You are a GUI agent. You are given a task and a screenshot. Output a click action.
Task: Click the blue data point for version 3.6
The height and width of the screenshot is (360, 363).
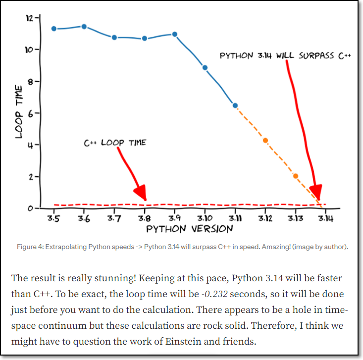point(84,26)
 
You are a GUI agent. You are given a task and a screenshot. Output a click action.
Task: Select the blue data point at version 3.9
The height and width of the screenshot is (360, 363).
point(174,34)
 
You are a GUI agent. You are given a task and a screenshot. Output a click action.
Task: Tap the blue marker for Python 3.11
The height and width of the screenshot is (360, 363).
point(235,105)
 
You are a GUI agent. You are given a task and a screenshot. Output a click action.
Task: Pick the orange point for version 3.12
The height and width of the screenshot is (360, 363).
point(265,141)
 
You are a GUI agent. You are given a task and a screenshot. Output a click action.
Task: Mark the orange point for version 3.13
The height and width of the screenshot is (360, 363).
point(296,176)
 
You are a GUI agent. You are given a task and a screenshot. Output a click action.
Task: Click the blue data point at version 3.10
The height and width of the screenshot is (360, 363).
point(205,68)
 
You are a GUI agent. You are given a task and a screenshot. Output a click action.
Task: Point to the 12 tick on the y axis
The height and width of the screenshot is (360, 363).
point(31,18)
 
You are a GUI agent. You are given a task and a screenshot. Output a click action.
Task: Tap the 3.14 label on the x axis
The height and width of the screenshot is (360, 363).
point(325,218)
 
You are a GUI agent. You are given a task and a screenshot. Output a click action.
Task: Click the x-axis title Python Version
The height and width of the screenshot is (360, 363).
point(189,229)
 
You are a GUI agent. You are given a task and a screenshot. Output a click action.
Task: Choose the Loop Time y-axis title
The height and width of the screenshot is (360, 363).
point(19,111)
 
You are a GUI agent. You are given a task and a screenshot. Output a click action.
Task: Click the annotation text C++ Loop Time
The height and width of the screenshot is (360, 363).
point(115,143)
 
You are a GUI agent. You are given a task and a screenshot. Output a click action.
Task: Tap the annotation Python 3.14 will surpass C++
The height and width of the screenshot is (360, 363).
point(285,55)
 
